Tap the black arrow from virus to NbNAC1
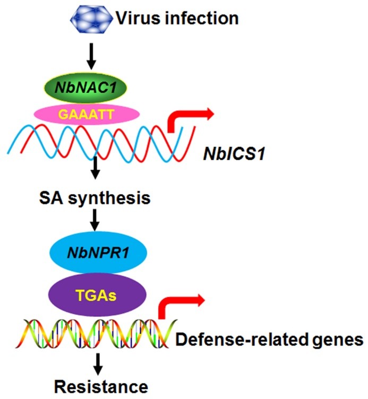pos(92,57)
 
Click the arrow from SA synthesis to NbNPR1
pos(95,220)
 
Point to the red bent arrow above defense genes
pos(180,305)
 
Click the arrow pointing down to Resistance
pos(97,363)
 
